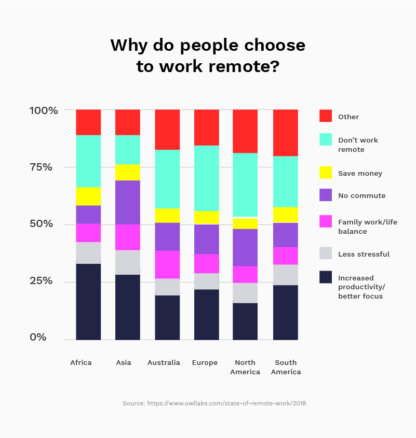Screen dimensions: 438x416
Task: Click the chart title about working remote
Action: point(208,56)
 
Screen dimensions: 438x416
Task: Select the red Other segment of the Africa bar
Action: point(88,122)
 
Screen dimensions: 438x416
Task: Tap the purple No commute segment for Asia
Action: point(128,202)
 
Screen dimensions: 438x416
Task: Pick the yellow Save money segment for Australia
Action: point(167,215)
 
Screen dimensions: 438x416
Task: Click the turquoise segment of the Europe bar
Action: point(206,178)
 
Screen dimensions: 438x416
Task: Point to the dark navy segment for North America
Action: point(245,321)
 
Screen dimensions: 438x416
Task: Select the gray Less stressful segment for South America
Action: point(285,275)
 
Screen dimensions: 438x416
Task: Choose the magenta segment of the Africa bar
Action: point(88,233)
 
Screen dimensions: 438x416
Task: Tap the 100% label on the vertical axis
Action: point(43,110)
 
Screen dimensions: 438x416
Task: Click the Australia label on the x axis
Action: point(164,362)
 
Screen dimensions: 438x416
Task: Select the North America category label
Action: point(245,367)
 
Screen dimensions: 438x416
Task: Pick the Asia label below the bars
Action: point(124,362)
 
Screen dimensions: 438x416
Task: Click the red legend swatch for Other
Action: point(326,116)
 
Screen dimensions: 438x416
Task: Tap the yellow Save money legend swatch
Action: point(326,173)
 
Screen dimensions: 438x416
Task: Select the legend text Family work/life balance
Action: point(367,227)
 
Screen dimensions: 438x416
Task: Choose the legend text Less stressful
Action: point(364,254)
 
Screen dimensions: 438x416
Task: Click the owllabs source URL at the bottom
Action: point(226,403)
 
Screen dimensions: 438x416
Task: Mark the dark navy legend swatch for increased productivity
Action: point(326,277)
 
